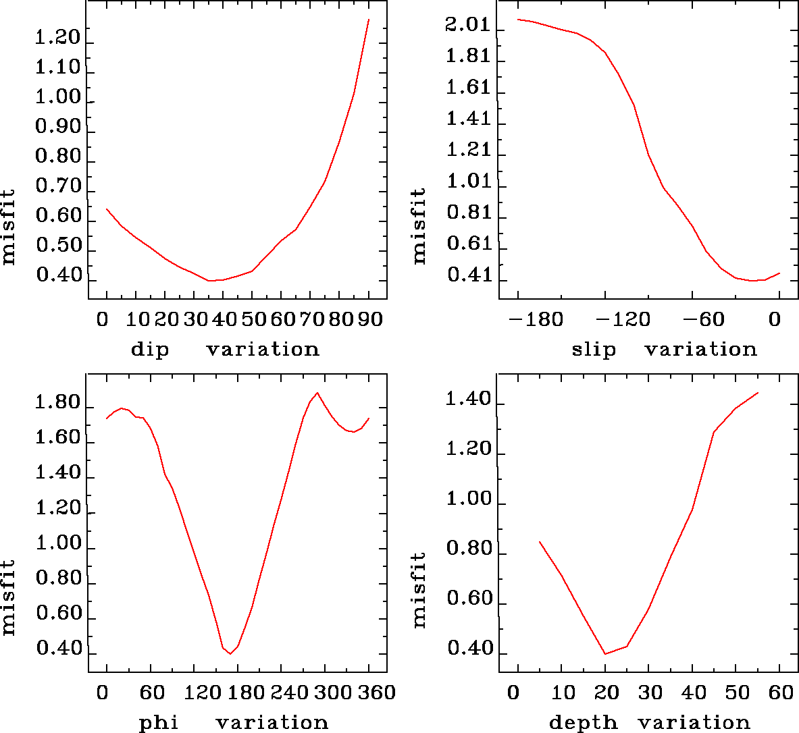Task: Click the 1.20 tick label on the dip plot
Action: (x=58, y=38)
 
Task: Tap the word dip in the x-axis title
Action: (x=150, y=350)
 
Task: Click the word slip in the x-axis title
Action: (x=594, y=350)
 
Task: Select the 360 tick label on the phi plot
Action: (x=369, y=693)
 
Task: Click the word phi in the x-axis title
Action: (x=159, y=723)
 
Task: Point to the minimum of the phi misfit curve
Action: (x=230, y=653)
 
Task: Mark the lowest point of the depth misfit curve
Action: (x=605, y=653)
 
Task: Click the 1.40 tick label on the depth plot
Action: (x=468, y=400)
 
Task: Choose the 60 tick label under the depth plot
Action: (x=780, y=693)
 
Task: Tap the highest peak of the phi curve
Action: (x=317, y=392)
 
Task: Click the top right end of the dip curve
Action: (x=369, y=20)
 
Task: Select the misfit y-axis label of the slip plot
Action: (x=419, y=225)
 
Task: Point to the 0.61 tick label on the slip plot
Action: (x=467, y=244)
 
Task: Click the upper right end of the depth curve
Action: (x=758, y=393)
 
